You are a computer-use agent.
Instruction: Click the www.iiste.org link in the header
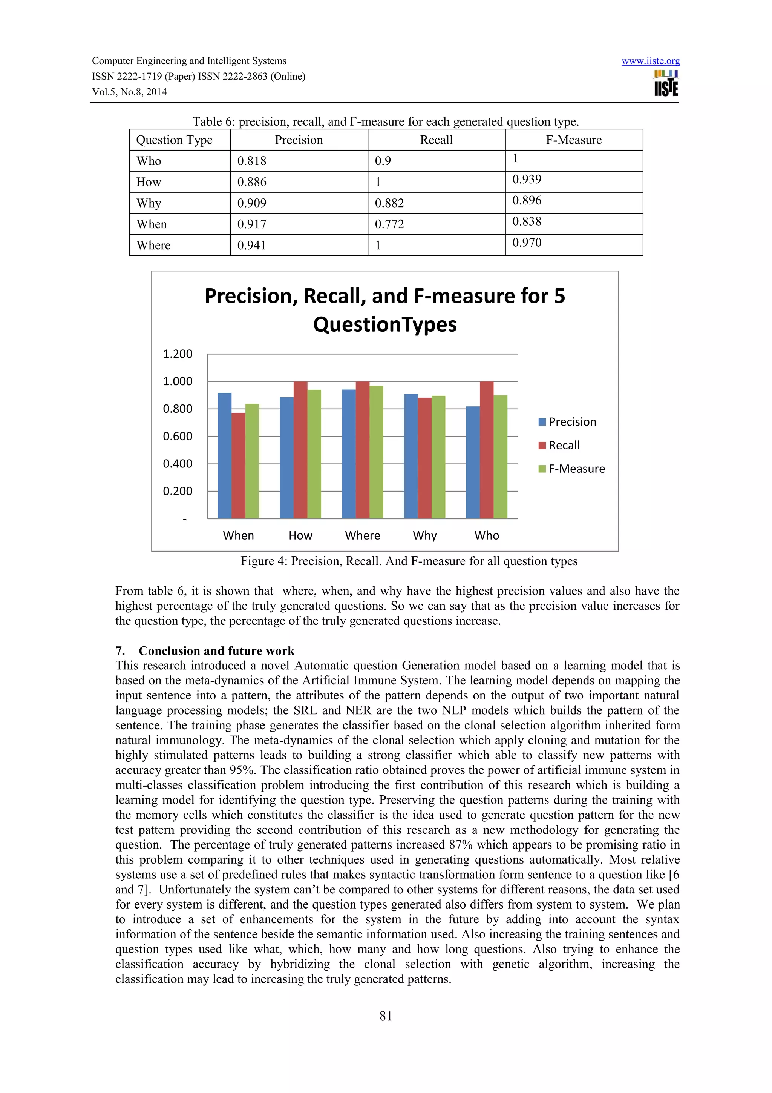click(x=650, y=61)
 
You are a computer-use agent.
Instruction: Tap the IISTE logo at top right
click(x=666, y=84)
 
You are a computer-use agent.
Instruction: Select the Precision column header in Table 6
click(x=299, y=140)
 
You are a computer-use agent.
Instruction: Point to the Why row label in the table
click(x=149, y=203)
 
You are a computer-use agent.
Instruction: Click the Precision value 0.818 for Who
click(x=252, y=161)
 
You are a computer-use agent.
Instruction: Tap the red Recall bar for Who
click(x=486, y=449)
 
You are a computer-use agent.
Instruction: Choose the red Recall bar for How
click(x=300, y=449)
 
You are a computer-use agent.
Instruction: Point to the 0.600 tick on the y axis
click(x=178, y=437)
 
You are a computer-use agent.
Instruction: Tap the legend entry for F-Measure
click(x=576, y=469)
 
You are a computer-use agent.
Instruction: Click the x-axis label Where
click(x=363, y=535)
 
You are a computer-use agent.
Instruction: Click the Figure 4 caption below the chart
click(x=409, y=561)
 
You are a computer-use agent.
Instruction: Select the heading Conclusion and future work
click(x=216, y=651)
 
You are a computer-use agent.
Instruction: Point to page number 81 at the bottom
click(x=386, y=1016)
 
